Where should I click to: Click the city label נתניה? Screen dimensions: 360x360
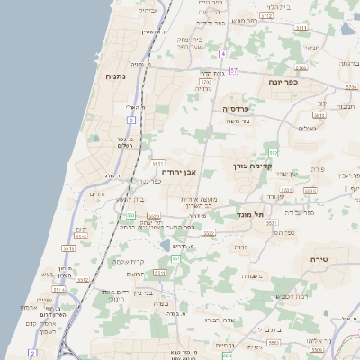pos(116,77)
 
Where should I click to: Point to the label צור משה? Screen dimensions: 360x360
pos(238,121)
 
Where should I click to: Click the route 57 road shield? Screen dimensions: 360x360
pos(233,70)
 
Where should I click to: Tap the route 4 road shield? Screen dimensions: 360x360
pos(221,54)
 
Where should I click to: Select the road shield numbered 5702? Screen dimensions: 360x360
pos(205,82)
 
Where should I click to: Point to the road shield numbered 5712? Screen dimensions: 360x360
pos(266,15)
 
